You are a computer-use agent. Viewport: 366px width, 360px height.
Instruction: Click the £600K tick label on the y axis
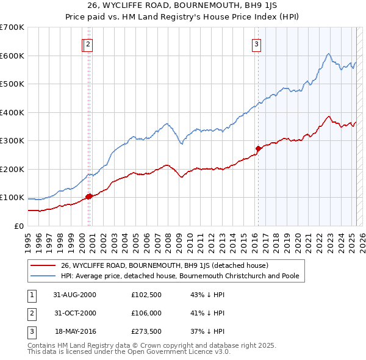click(x=12, y=56)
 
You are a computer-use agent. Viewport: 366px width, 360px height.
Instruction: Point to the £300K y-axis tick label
click(x=12, y=140)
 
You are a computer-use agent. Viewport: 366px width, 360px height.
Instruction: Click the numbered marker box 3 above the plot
click(x=257, y=44)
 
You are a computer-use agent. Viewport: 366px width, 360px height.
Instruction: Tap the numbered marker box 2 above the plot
click(x=88, y=44)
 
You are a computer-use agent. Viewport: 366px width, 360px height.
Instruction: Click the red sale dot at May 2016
click(x=258, y=148)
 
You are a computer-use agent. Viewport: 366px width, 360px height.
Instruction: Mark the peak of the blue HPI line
click(x=328, y=54)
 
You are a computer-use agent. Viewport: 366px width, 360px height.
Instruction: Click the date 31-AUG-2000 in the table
click(x=75, y=295)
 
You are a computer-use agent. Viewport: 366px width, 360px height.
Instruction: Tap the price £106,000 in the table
click(x=146, y=314)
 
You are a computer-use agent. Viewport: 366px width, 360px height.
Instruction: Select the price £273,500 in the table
click(x=146, y=332)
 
